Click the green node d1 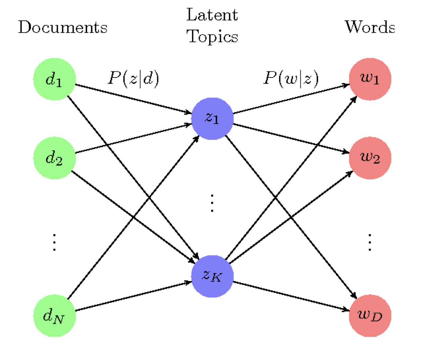(x=54, y=79)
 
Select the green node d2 (x=54, y=158)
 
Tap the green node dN (x=54, y=316)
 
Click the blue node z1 (x=212, y=118)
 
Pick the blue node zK (x=212, y=276)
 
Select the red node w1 (x=370, y=79)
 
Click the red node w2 (x=370, y=158)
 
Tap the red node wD (x=370, y=316)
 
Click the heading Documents (x=63, y=27)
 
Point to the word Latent (x=212, y=15)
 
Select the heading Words (x=370, y=27)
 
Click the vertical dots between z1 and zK (x=212, y=203)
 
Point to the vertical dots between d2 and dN (x=54, y=242)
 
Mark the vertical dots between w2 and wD (x=370, y=242)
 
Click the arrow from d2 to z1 (x=133, y=138)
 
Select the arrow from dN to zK (x=133, y=296)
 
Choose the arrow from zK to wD (x=291, y=296)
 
